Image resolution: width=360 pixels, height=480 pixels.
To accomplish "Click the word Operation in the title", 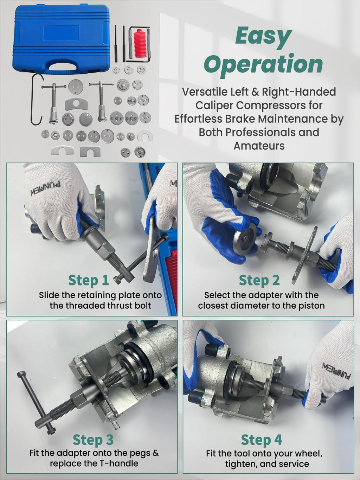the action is [x=264, y=64].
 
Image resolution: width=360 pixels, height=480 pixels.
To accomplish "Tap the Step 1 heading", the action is [x=89, y=280].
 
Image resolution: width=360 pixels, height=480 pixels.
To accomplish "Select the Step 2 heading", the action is [x=259, y=280].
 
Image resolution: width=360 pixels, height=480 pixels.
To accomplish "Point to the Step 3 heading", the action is [x=93, y=440].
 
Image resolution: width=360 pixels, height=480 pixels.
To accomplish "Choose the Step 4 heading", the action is [x=262, y=440].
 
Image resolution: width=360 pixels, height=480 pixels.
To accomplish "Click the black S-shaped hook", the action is [x=36, y=100].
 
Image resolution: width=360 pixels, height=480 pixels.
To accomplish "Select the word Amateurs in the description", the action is [x=259, y=146].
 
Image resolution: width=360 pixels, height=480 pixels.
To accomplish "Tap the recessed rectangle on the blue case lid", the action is [x=61, y=33].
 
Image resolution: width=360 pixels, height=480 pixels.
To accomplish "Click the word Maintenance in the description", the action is [x=297, y=119].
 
